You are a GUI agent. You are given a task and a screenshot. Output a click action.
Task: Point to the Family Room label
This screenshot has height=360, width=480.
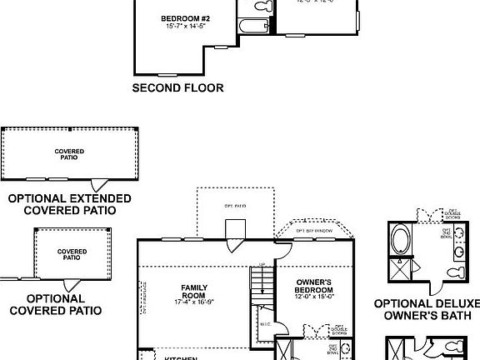coord(193,292)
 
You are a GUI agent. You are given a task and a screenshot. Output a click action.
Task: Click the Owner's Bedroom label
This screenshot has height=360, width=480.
coord(314,287)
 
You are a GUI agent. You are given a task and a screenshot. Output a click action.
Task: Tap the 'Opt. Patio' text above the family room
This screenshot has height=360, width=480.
coord(237,204)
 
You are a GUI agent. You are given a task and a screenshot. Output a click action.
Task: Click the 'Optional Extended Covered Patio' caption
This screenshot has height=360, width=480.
coord(69,204)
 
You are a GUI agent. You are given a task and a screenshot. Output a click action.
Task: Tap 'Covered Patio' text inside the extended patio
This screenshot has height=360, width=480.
coord(69,154)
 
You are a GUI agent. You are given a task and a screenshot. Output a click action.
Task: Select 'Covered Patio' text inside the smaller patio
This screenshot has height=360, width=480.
coord(72,254)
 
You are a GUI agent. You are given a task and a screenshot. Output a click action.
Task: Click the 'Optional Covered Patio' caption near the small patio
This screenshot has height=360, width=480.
coord(55,304)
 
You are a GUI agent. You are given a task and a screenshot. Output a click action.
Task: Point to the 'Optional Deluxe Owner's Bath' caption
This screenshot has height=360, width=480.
coord(426,309)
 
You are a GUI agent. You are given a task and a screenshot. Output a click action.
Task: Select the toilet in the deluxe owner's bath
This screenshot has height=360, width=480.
coord(454,272)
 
